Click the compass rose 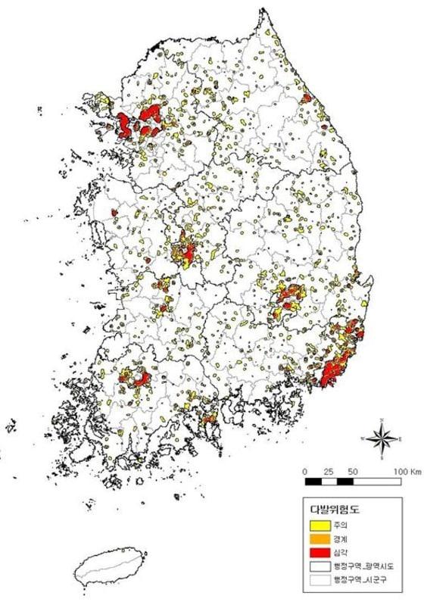click(x=383, y=438)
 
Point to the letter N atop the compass click(x=383, y=419)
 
